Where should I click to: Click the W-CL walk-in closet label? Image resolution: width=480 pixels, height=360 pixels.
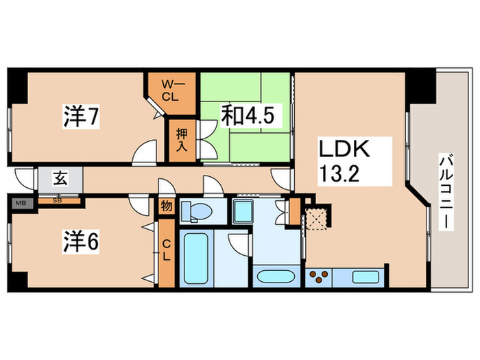coord(169,90)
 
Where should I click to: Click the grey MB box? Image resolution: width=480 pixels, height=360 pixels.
coord(21,203)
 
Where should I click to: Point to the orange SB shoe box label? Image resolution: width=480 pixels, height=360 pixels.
coord(58,202)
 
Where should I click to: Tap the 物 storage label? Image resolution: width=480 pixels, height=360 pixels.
coord(167,205)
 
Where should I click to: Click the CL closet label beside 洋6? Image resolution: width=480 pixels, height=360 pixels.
coord(167,250)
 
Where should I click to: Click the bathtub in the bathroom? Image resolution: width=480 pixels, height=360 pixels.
coord(196,260)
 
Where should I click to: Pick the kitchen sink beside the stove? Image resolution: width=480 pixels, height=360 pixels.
coord(362,277)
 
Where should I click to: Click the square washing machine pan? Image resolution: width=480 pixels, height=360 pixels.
coord(244,212)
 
